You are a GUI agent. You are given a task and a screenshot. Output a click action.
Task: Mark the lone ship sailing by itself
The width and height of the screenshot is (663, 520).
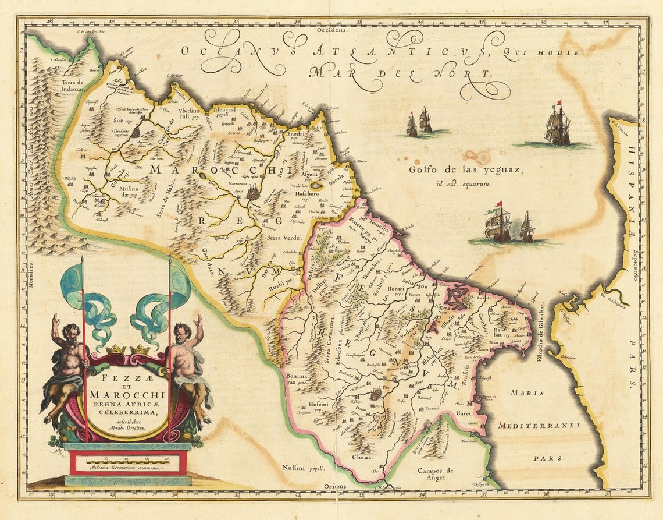(x=557, y=125)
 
